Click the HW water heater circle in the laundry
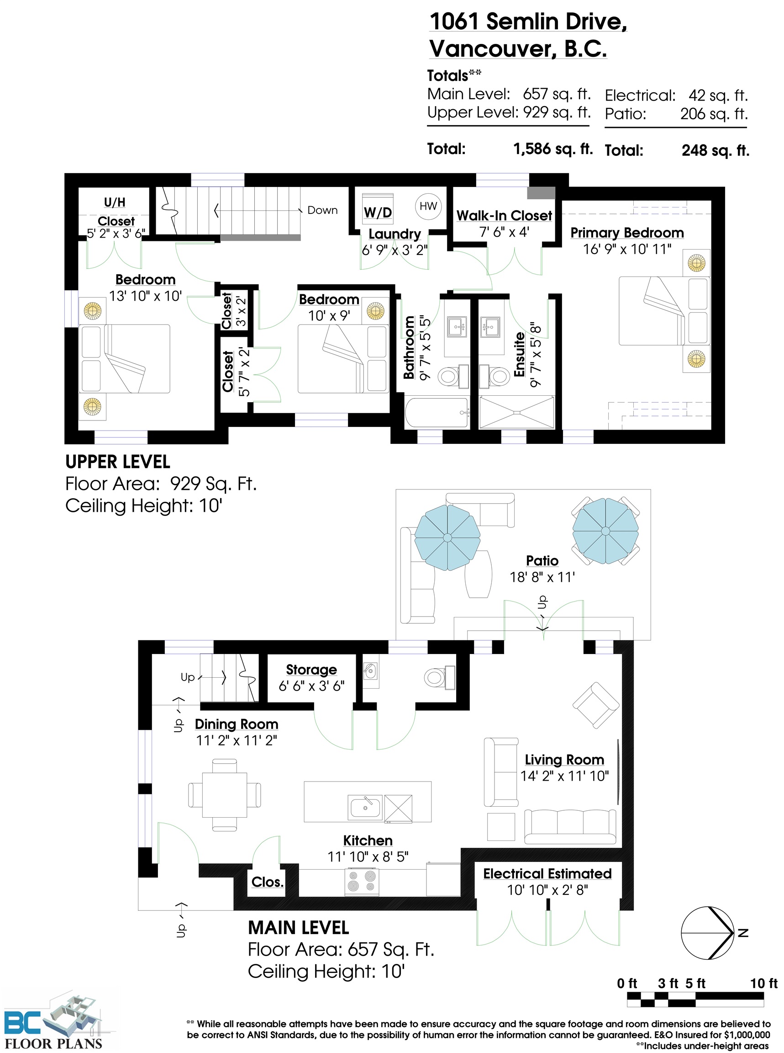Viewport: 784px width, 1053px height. pyautogui.click(x=428, y=206)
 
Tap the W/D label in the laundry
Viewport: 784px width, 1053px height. pyautogui.click(x=378, y=213)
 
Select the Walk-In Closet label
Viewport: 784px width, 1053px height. pyautogui.click(x=504, y=216)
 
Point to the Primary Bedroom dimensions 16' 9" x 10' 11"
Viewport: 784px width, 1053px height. pyautogui.click(x=627, y=249)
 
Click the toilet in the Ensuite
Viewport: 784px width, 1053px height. pyautogui.click(x=495, y=376)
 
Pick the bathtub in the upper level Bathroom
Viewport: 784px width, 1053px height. pyautogui.click(x=437, y=412)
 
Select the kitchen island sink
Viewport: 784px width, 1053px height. pyautogui.click(x=365, y=807)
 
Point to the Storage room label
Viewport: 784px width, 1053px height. pyautogui.click(x=311, y=669)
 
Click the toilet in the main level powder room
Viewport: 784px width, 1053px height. pyautogui.click(x=439, y=677)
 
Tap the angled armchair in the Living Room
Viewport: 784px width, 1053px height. pyautogui.click(x=595, y=705)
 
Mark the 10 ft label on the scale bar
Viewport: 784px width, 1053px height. pyautogui.click(x=763, y=984)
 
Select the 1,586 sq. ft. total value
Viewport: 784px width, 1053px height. pyautogui.click(x=553, y=149)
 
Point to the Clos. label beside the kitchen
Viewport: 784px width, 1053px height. pyautogui.click(x=268, y=882)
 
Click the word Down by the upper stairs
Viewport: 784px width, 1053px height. pyautogui.click(x=323, y=210)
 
